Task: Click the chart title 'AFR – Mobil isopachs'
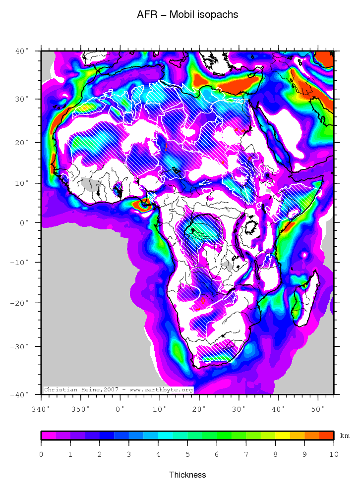pyautogui.click(x=187, y=15)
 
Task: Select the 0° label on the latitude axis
pyautogui.click(x=25, y=222)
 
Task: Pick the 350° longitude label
pyautogui.click(x=81, y=409)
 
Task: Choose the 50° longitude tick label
pyautogui.click(x=318, y=409)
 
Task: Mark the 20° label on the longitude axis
pyautogui.click(x=199, y=409)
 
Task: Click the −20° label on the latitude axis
pyautogui.click(x=22, y=302)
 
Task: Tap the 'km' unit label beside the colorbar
pyautogui.click(x=345, y=436)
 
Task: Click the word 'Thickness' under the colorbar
pyautogui.click(x=187, y=475)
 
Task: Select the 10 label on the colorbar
pyautogui.click(x=334, y=454)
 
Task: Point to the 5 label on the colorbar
pyautogui.click(x=187, y=454)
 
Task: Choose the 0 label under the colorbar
pyautogui.click(x=41, y=454)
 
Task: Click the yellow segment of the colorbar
pyautogui.click(x=282, y=435)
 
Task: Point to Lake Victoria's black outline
pyautogui.click(x=253, y=227)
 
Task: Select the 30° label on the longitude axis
pyautogui.click(x=239, y=409)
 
